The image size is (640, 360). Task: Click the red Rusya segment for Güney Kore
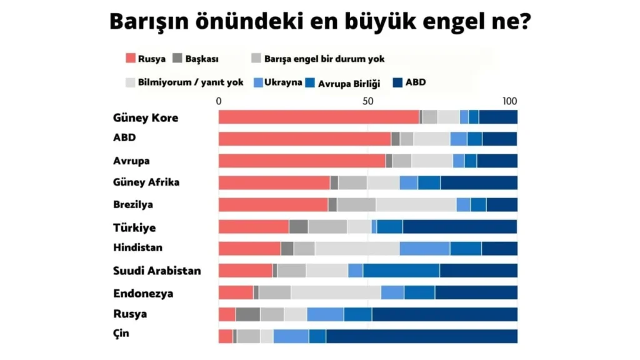point(319,117)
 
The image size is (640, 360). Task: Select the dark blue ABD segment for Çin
point(421,336)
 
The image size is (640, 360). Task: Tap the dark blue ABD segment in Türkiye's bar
point(459,226)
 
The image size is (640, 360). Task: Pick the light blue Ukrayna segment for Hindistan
point(424,248)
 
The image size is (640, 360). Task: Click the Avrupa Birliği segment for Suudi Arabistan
point(401,270)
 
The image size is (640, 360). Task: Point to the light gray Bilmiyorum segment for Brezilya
point(416,204)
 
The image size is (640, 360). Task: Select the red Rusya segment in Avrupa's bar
point(302,161)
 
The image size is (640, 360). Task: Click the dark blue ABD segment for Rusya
point(444,314)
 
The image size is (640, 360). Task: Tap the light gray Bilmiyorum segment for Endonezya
point(336,292)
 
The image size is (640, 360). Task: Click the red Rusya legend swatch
point(130,59)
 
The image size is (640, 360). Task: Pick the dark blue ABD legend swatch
point(396,82)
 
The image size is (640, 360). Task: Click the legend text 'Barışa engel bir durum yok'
point(324,59)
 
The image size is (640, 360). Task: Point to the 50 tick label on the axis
point(367,101)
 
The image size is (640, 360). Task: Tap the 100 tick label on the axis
point(510,101)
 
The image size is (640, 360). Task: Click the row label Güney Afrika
point(146,182)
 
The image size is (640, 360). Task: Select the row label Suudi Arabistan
point(157,271)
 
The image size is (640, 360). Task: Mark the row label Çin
point(121,332)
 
